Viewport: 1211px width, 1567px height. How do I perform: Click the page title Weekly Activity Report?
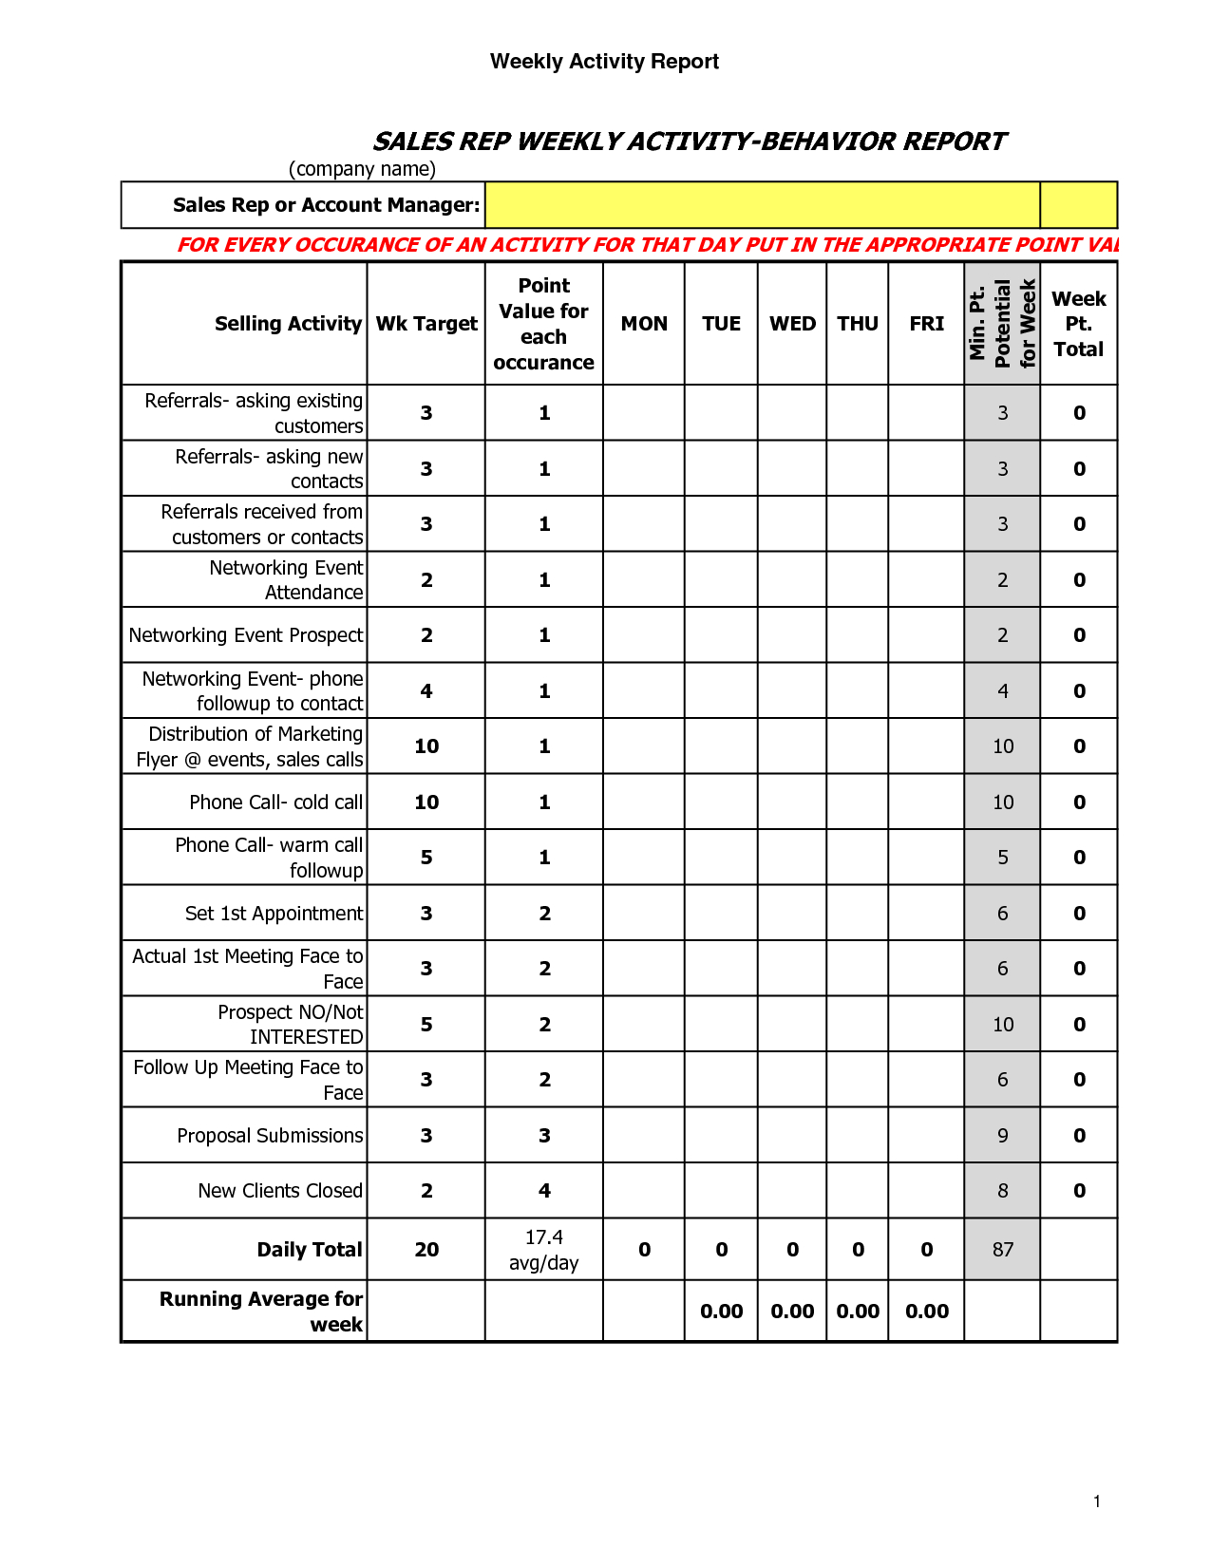(604, 62)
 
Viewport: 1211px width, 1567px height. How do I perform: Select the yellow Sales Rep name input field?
(762, 205)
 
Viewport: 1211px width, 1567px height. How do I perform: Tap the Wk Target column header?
(426, 324)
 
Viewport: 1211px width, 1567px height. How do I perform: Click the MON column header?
(644, 324)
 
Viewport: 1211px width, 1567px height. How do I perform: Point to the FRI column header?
(926, 324)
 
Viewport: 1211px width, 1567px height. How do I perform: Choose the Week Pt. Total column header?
(1079, 324)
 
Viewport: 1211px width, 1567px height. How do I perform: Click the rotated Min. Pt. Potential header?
(1002, 324)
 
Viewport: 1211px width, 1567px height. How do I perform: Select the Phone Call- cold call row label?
(275, 802)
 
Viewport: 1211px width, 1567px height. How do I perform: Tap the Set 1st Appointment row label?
(274, 914)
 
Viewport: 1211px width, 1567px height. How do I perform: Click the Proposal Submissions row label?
(270, 1136)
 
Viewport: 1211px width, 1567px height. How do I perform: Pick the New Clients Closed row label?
(280, 1191)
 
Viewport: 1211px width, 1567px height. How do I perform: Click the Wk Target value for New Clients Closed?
(426, 1191)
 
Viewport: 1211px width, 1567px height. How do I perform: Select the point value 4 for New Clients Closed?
(544, 1191)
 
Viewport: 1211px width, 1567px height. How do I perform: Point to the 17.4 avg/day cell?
(544, 1250)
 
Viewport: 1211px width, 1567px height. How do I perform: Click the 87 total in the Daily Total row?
(1003, 1250)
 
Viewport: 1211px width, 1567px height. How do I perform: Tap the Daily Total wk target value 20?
(426, 1250)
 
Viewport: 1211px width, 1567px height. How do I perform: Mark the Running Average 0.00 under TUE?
(722, 1312)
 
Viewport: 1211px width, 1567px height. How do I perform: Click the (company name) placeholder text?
(362, 169)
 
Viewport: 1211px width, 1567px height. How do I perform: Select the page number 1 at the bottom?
(1097, 1501)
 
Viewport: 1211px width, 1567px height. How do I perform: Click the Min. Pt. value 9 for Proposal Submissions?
(1003, 1136)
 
